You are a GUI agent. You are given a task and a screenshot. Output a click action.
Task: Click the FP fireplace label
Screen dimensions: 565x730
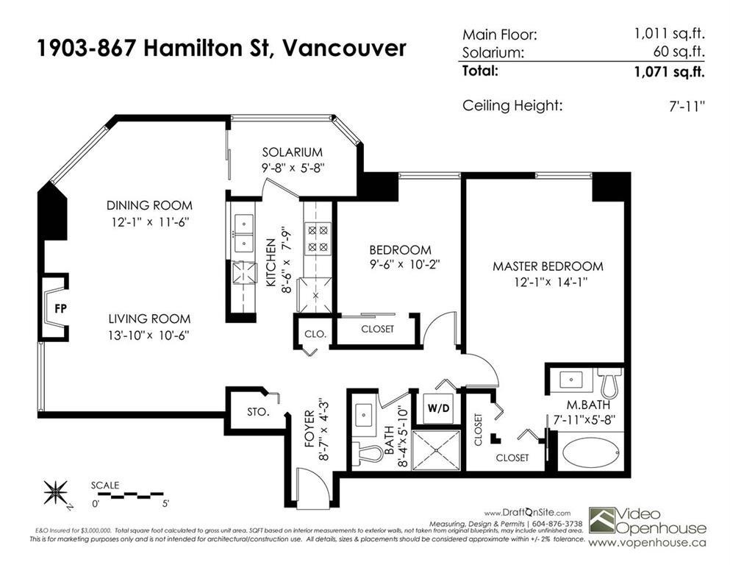[x=60, y=308]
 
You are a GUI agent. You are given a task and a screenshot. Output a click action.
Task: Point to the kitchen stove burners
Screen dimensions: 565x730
[x=317, y=238]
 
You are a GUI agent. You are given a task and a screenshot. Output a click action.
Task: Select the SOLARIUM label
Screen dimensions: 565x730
[x=293, y=152]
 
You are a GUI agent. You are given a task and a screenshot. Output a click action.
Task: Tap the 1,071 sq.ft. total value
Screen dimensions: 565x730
[x=669, y=72]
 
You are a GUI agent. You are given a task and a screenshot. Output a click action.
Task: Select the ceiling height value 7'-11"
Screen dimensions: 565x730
[x=683, y=106]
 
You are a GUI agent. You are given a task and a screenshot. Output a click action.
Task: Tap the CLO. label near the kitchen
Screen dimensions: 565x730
[x=315, y=333]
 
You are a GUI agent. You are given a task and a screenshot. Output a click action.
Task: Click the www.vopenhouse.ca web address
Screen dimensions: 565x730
[x=648, y=542]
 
